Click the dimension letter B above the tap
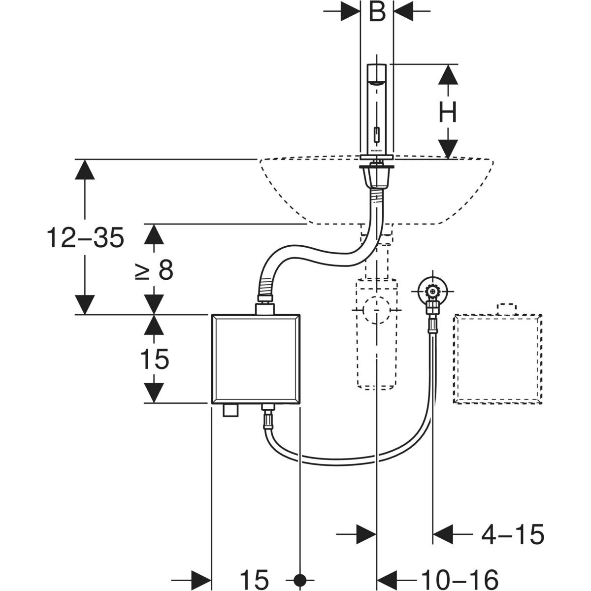coord(377,12)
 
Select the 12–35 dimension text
coord(85,239)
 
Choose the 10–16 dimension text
coord(460,578)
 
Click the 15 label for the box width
coord(255,578)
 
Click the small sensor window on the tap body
coord(377,133)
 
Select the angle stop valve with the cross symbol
coord(432,292)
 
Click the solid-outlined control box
coord(255,359)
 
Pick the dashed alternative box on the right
coord(497,359)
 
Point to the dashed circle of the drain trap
coord(377,310)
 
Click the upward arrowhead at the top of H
coord(448,74)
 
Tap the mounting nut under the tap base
coord(377,175)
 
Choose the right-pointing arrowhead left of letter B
coord(350,12)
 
